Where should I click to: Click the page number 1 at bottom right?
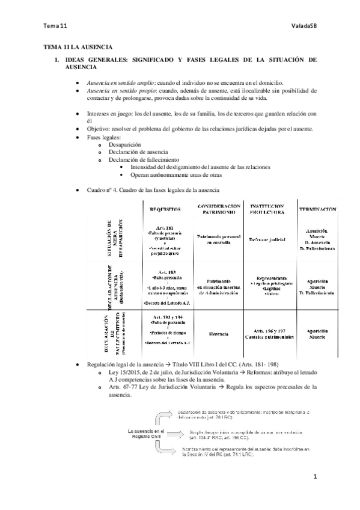314,477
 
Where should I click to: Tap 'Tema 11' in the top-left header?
53,26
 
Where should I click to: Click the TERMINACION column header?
316,209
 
